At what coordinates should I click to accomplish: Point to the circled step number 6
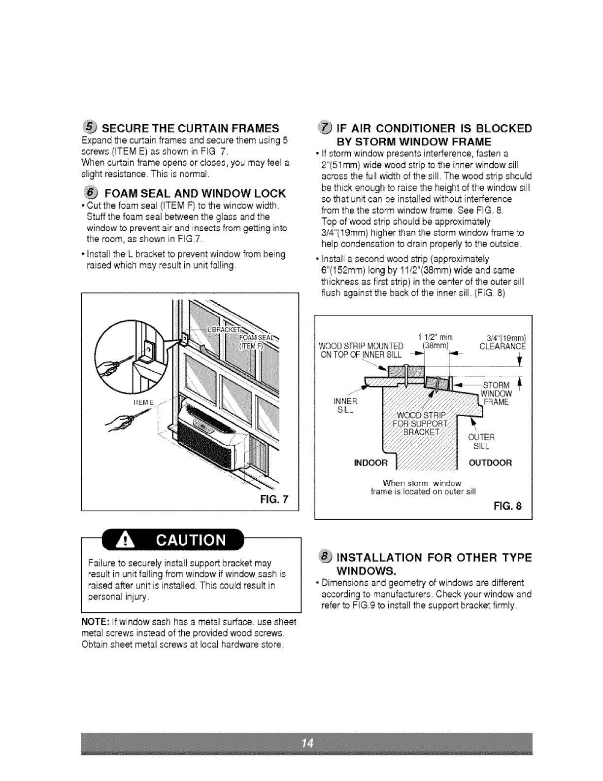point(91,192)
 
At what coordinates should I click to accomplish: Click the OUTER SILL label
point(480,441)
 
